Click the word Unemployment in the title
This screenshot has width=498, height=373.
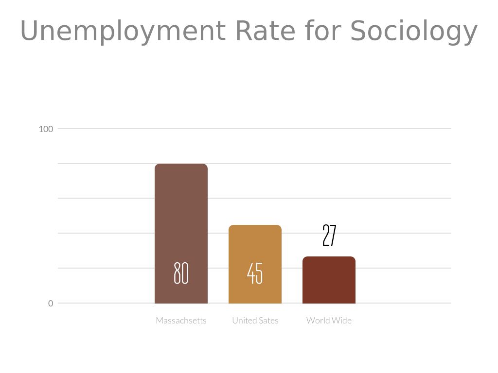[123, 31]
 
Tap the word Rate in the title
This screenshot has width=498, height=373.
[265, 31]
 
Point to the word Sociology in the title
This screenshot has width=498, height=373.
[413, 32]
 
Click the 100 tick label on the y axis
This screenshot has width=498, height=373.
[46, 129]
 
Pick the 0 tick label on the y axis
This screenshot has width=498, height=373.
[51, 304]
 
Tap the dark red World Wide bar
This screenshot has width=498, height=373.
[329, 282]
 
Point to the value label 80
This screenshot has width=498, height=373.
[181, 273]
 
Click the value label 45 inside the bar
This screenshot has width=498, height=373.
[255, 273]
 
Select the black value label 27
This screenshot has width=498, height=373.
[329, 236]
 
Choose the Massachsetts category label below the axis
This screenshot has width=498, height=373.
[181, 321]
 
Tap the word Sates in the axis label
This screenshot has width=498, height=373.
[269, 321]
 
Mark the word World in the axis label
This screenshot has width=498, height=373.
[318, 321]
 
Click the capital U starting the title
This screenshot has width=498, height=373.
[29, 31]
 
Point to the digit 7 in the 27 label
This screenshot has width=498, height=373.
[333, 236]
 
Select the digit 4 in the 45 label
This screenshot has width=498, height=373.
[251, 273]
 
